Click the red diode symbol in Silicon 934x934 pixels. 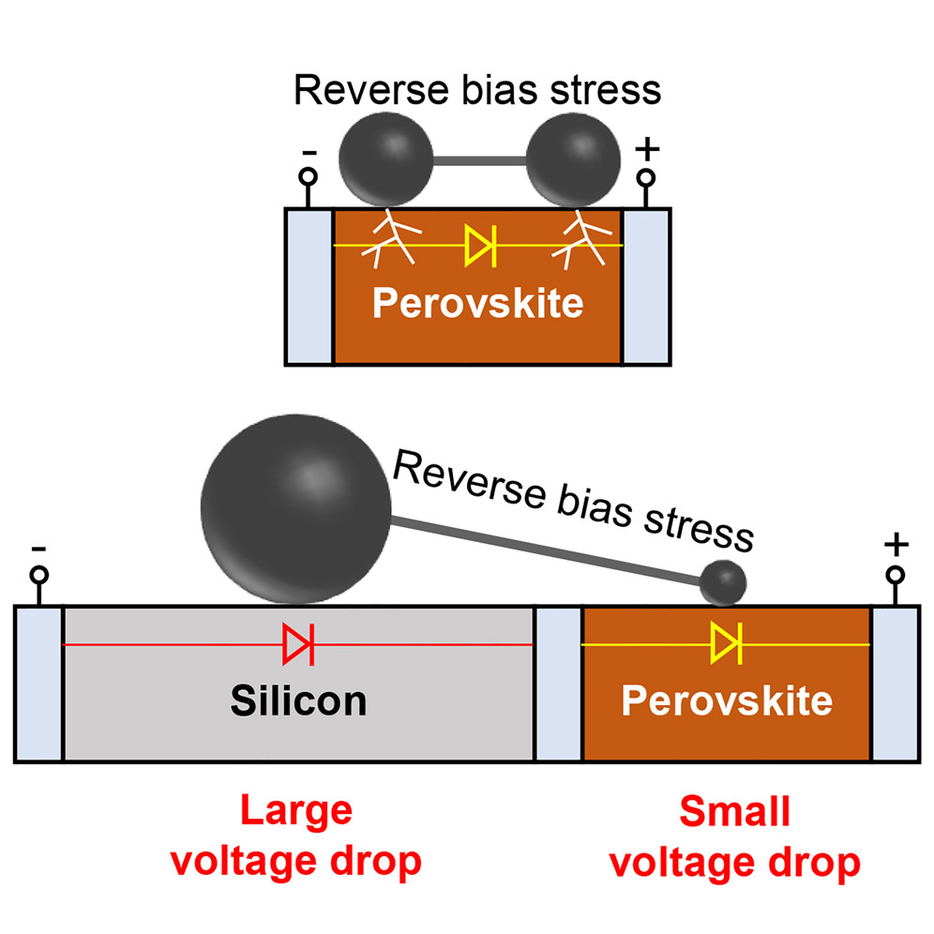tap(298, 644)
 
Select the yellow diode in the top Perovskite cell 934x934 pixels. tap(480, 247)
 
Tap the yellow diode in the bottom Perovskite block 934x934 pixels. tap(726, 644)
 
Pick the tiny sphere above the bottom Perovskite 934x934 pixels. tap(723, 582)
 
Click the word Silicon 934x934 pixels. tap(298, 700)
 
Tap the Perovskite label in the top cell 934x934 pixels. tap(477, 304)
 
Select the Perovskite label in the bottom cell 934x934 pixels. tap(727, 700)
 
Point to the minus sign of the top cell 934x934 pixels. tap(309, 150)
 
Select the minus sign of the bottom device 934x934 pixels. tap(38, 547)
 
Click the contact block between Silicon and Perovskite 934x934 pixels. tap(557, 683)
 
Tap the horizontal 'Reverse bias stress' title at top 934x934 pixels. tap(476, 90)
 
